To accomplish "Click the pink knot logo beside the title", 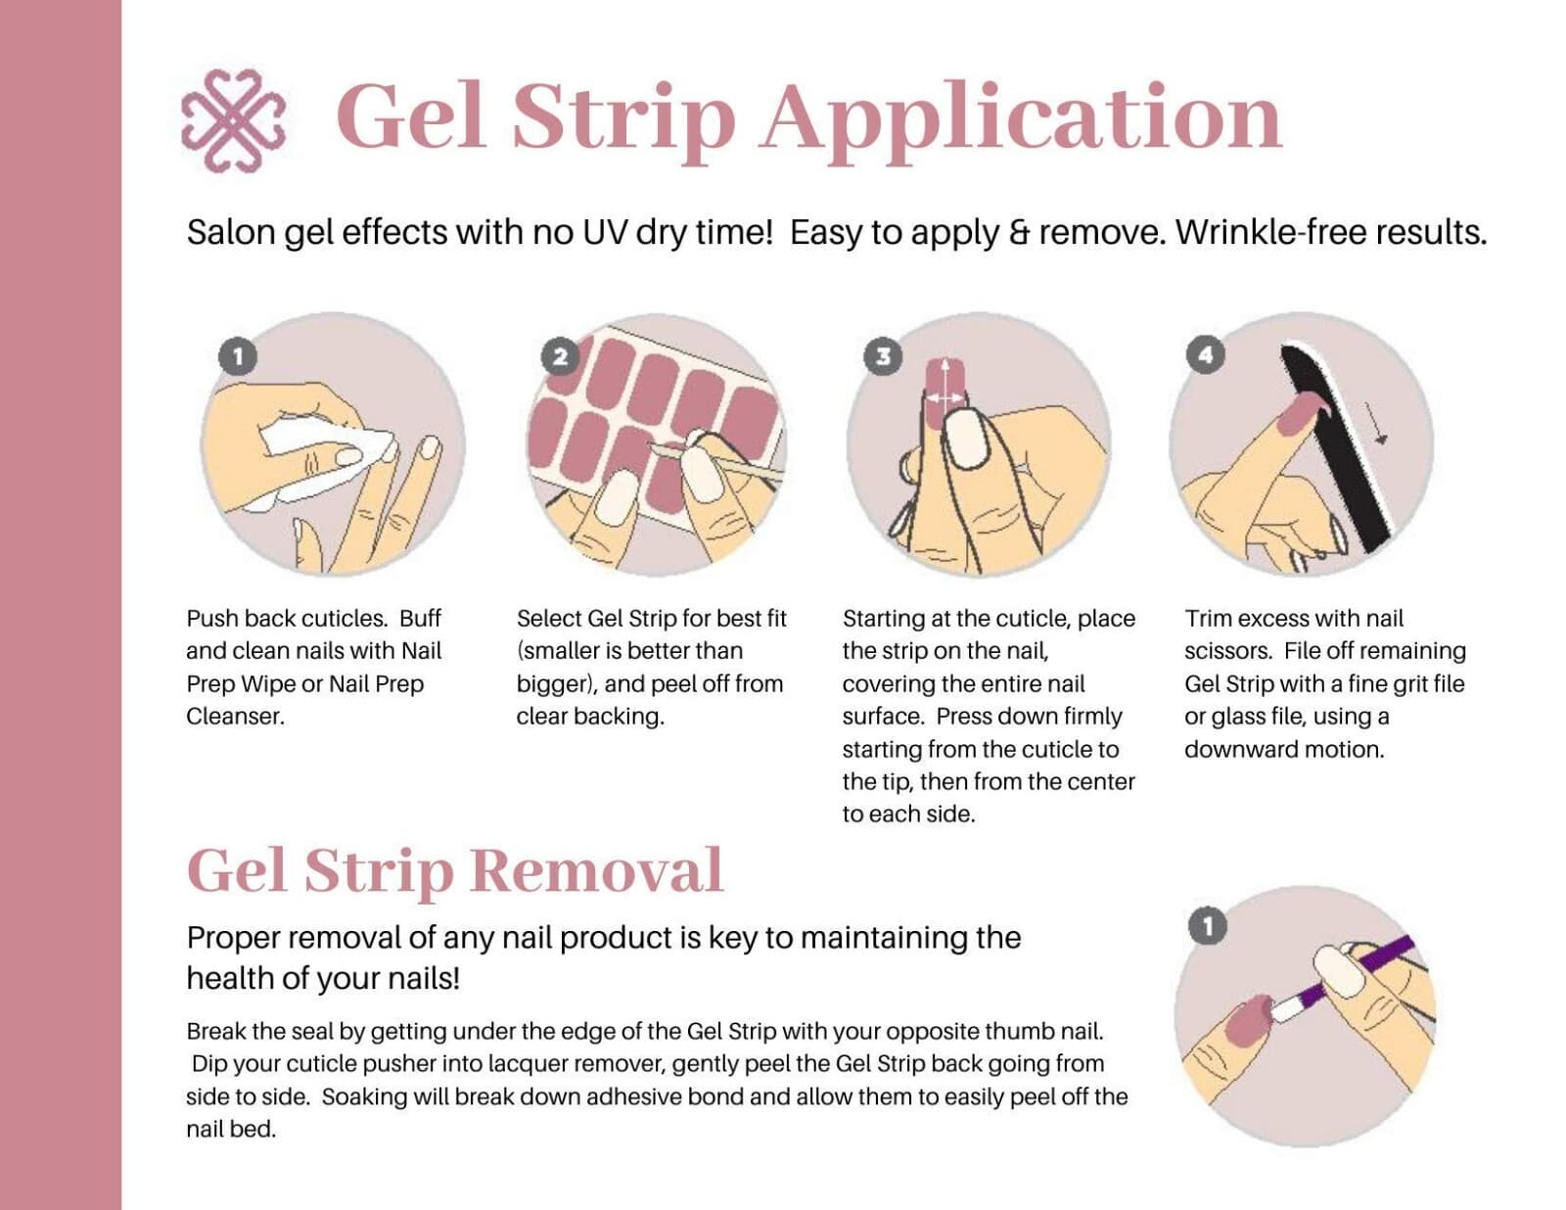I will [233, 120].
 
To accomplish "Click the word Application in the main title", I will [1022, 117].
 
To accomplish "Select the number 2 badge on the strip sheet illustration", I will [560, 356].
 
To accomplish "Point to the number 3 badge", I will [883, 356].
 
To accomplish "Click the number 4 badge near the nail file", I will [1205, 354].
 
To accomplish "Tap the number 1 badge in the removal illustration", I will [1208, 926].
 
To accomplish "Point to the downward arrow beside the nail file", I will [1377, 423].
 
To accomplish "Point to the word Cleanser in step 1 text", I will [236, 717].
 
